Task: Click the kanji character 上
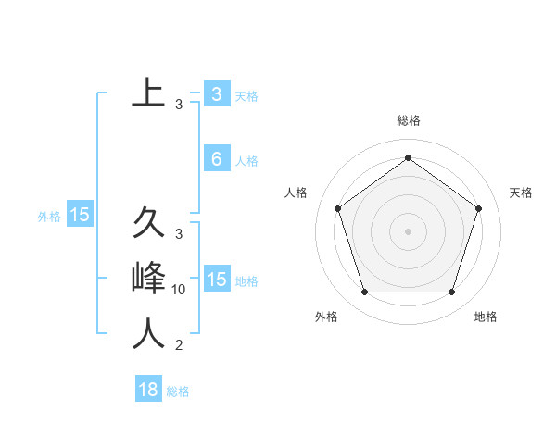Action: [148, 93]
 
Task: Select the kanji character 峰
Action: [148, 279]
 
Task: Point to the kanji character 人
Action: [148, 334]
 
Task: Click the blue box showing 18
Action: [148, 390]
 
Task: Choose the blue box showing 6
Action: [216, 159]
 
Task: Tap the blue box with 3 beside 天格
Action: [216, 93]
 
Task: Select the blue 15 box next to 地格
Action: [216, 280]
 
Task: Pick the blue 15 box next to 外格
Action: [80, 215]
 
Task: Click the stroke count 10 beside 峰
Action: [179, 290]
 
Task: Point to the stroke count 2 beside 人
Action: [179, 346]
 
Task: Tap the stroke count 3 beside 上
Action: [179, 105]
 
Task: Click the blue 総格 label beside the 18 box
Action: [178, 391]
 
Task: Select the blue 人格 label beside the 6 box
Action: [246, 161]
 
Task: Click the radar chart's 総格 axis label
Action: [408, 121]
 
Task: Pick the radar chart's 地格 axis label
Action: [486, 317]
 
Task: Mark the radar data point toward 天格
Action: [479, 208]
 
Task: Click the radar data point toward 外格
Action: [364, 292]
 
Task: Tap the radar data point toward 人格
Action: [337, 208]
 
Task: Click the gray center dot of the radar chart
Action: [408, 231]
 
